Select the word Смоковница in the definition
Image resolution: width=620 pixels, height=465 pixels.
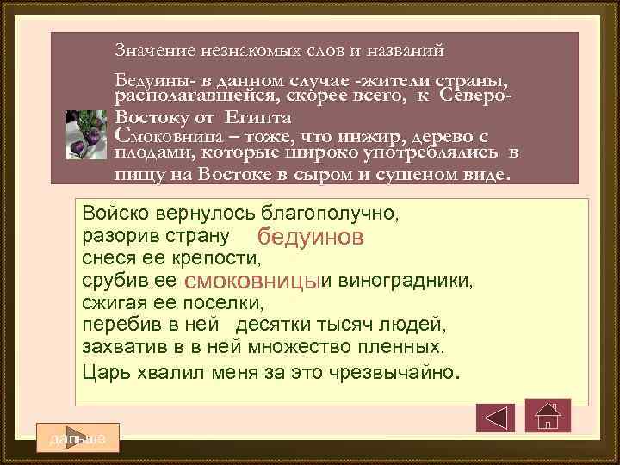[x=167, y=135]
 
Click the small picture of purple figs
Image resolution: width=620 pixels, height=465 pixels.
[x=89, y=133]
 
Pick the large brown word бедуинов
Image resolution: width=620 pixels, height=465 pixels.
[x=311, y=237]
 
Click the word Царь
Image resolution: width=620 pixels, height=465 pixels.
[x=104, y=371]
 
